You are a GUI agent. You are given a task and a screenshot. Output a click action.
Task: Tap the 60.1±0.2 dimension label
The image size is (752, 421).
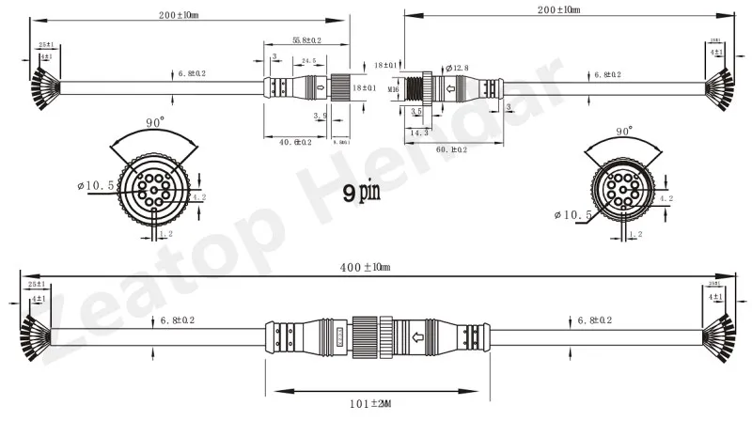(x=454, y=148)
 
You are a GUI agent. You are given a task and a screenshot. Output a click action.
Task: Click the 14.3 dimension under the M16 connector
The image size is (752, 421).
(x=420, y=133)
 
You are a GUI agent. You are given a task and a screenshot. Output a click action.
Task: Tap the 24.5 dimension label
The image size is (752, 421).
(x=307, y=60)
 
